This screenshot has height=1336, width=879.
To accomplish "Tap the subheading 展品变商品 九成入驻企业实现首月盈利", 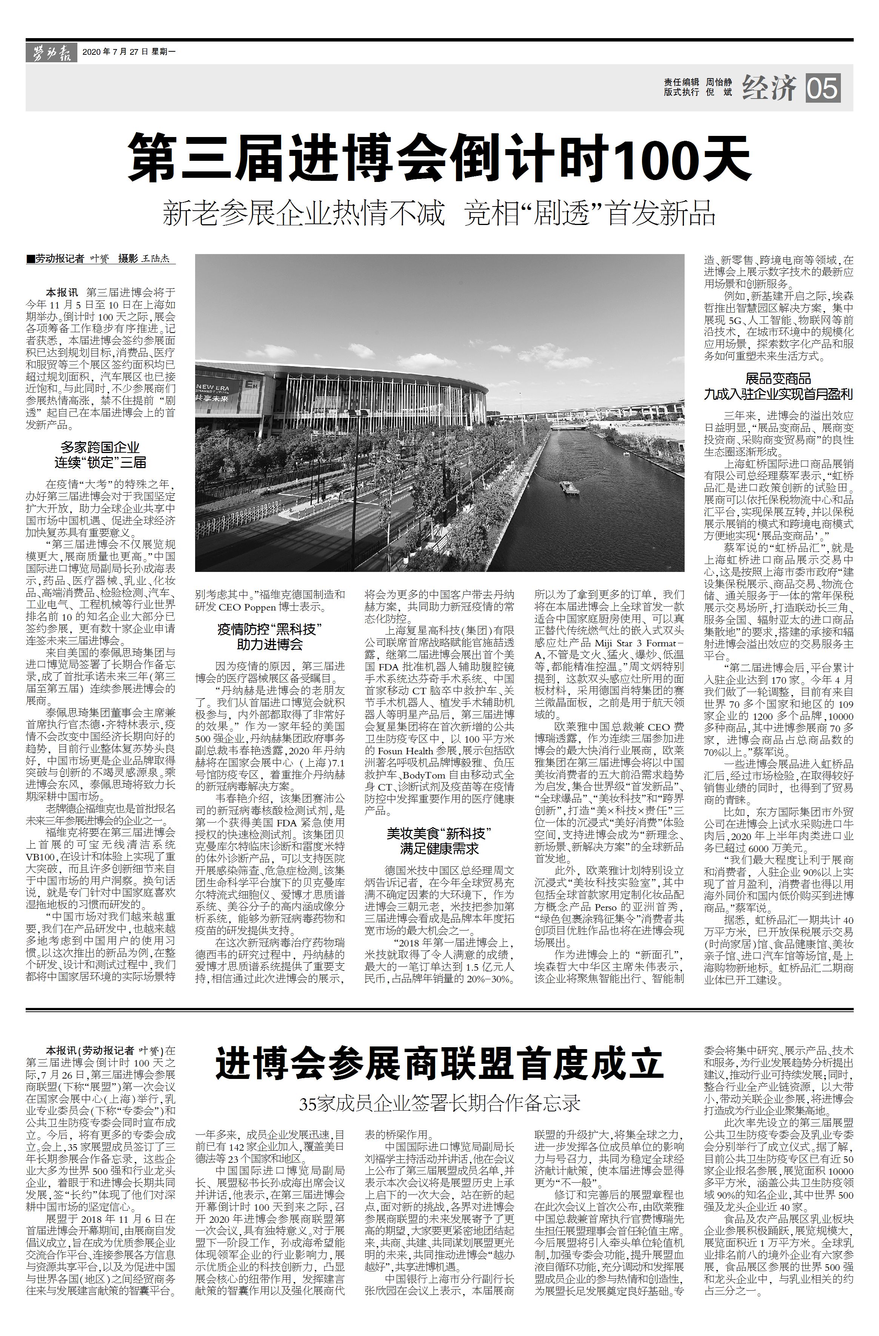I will point(778,386).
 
